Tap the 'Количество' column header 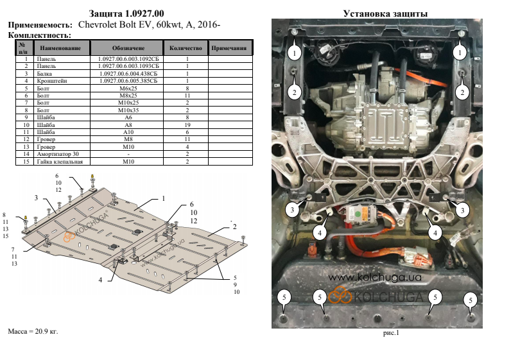tap(186, 48)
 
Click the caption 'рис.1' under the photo tap(391, 333)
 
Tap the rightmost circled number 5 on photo tap(471, 300)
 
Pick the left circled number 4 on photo tap(319, 234)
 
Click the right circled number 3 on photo tap(460, 209)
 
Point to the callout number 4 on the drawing tap(100, 280)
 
